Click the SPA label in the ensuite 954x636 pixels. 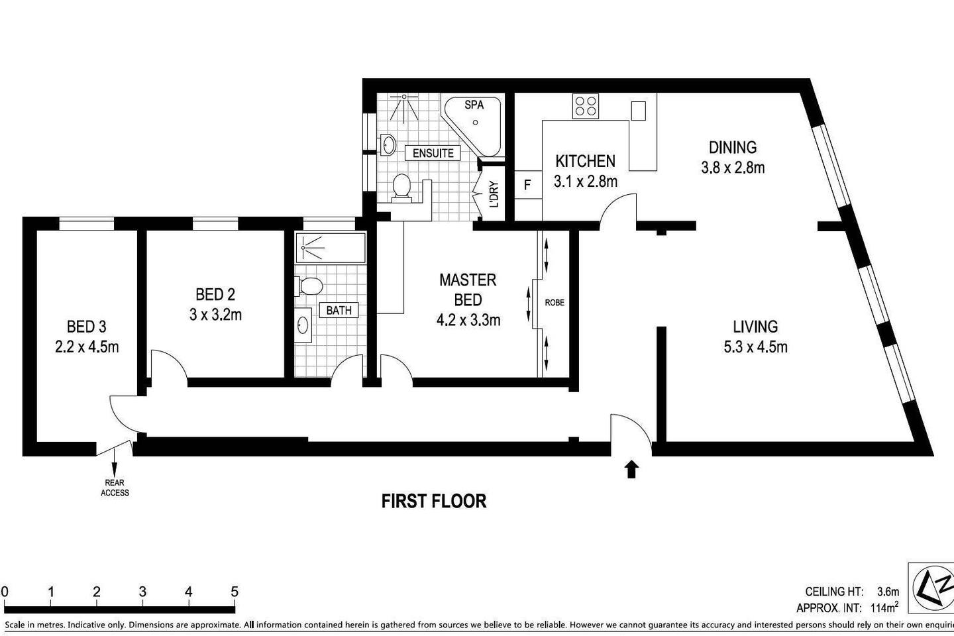pyautogui.click(x=474, y=105)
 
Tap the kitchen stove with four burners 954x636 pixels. pyautogui.click(x=586, y=106)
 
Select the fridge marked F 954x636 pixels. pyautogui.click(x=527, y=185)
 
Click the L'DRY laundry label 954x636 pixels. pyautogui.click(x=494, y=194)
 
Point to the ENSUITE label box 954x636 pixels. pyautogui.click(x=433, y=153)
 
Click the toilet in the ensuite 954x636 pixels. pyautogui.click(x=401, y=188)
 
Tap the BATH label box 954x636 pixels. pyautogui.click(x=339, y=311)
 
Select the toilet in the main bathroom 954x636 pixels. pyautogui.click(x=308, y=286)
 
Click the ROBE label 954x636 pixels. pyautogui.click(x=555, y=303)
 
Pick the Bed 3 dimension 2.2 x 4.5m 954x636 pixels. pyautogui.click(x=87, y=347)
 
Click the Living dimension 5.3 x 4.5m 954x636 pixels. pyautogui.click(x=755, y=347)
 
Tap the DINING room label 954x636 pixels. pyautogui.click(x=733, y=147)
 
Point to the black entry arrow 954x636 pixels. pyautogui.click(x=631, y=469)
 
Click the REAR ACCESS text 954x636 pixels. pyautogui.click(x=115, y=488)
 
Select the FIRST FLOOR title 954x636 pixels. pyautogui.click(x=433, y=502)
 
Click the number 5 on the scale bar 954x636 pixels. pyautogui.click(x=235, y=592)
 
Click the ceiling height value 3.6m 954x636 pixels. pyautogui.click(x=888, y=591)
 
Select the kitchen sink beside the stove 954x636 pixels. pyautogui.click(x=638, y=111)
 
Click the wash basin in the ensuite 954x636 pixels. pyautogui.click(x=388, y=145)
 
